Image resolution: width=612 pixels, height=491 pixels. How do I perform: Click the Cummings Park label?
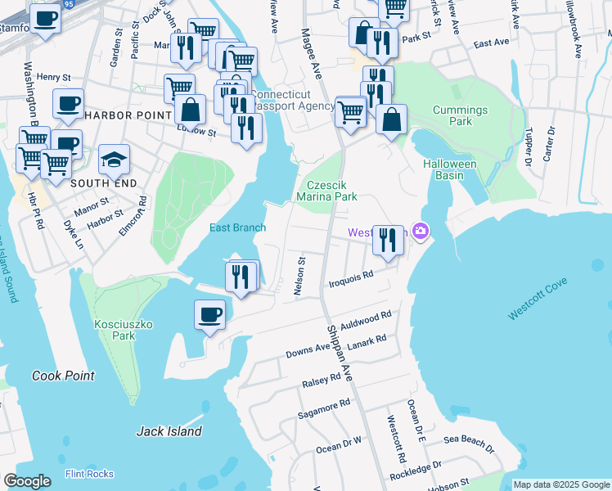(460, 115)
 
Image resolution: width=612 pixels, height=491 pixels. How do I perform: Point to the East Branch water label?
(237, 227)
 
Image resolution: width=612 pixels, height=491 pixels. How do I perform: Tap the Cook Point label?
(63, 376)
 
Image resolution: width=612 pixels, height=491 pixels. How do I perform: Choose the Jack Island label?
(169, 431)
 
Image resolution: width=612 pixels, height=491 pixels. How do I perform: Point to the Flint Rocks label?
(89, 474)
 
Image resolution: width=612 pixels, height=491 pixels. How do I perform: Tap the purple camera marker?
(421, 232)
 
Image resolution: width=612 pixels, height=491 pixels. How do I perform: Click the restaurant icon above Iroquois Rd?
(389, 240)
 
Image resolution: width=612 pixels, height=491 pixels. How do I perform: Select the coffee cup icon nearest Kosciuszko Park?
(210, 314)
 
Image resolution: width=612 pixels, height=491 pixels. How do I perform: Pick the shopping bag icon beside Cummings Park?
(392, 119)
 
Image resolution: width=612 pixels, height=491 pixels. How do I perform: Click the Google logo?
(27, 480)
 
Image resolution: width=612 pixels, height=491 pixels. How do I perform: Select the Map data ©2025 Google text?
(560, 484)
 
